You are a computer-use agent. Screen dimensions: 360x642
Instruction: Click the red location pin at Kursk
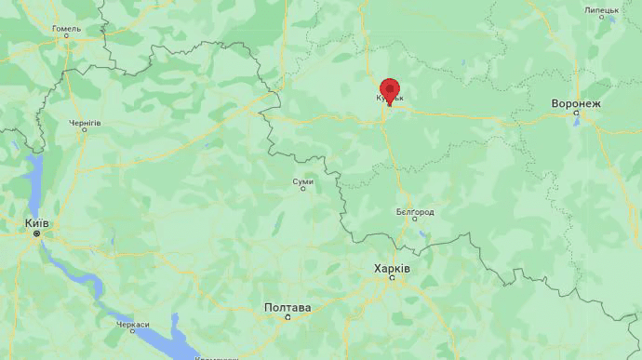pos(389,89)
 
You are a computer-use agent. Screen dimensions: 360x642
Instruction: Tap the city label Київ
pos(37,223)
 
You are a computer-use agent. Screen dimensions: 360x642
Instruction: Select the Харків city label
pos(392,268)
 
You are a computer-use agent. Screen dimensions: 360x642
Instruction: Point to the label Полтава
pos(288,307)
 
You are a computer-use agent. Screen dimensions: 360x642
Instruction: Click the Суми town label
pos(302,181)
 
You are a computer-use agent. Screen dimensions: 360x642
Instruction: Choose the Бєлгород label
pos(415,211)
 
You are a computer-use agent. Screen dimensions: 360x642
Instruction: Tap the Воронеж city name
pos(576,103)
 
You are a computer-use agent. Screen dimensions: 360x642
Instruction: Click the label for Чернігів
pos(85,122)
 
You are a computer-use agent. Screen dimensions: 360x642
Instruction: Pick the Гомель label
pos(67,28)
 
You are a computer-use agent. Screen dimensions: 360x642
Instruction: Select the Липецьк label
pos(602,10)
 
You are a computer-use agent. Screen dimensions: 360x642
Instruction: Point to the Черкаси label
pos(133,325)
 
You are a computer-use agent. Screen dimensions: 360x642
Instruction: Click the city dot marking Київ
pos(37,233)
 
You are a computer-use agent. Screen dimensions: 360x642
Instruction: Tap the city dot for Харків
pos(393,277)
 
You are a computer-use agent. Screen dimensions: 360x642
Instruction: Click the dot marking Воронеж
pos(576,113)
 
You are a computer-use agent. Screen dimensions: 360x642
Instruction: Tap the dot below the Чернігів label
pos(85,129)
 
